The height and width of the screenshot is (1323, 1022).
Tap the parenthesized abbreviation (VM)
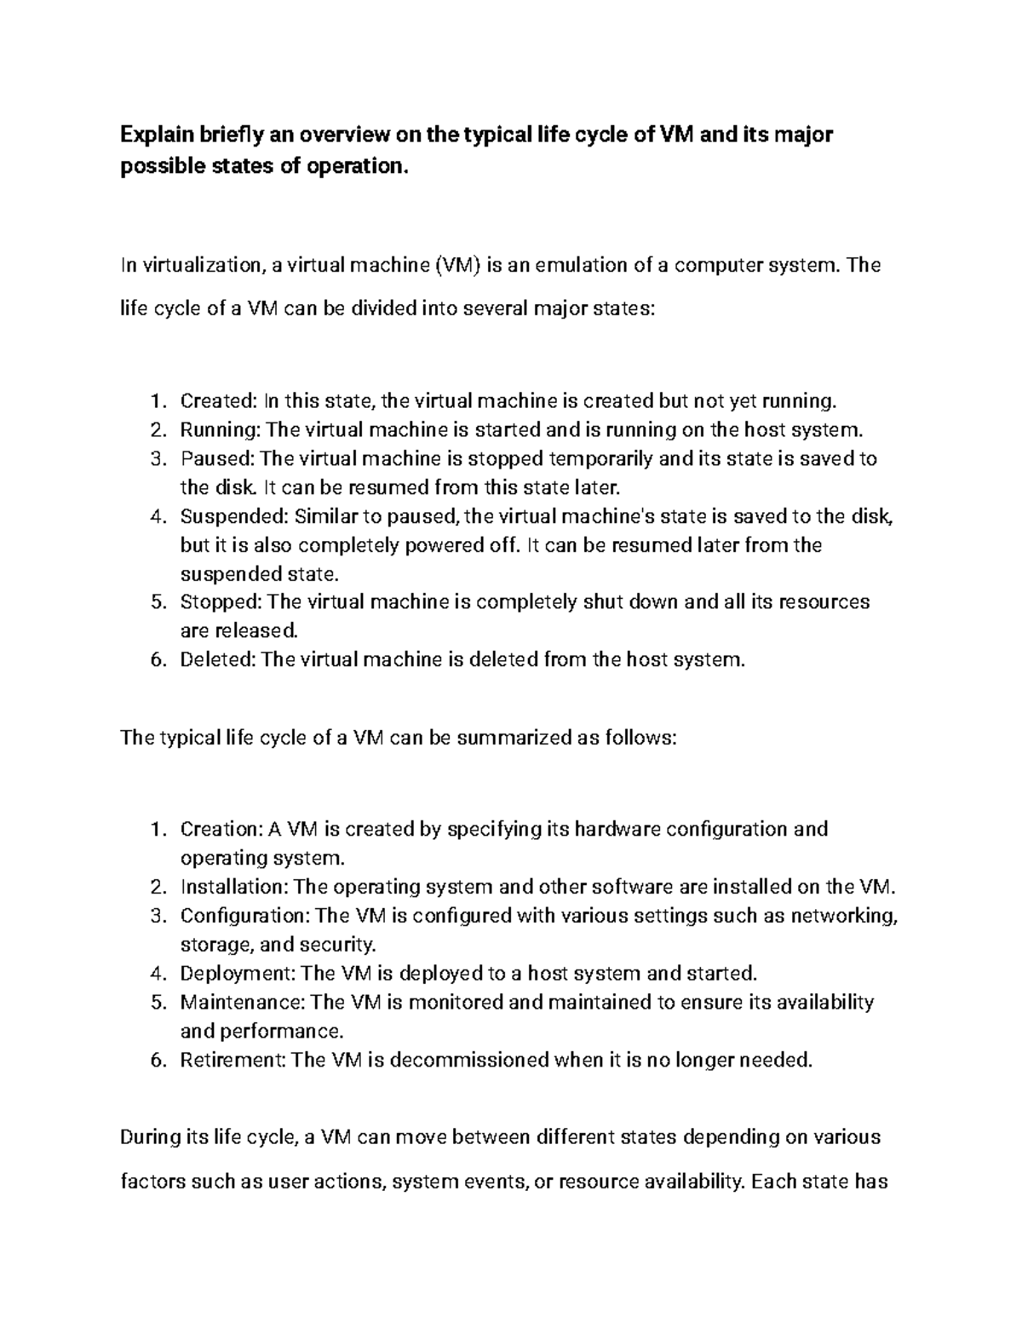pyautogui.click(x=457, y=265)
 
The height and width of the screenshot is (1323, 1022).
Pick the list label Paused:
pyautogui.click(x=217, y=458)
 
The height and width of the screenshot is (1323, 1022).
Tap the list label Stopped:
pyautogui.click(x=221, y=602)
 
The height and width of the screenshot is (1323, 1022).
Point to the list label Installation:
pyautogui.click(x=234, y=887)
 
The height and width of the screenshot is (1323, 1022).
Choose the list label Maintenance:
pyautogui.click(x=243, y=1002)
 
